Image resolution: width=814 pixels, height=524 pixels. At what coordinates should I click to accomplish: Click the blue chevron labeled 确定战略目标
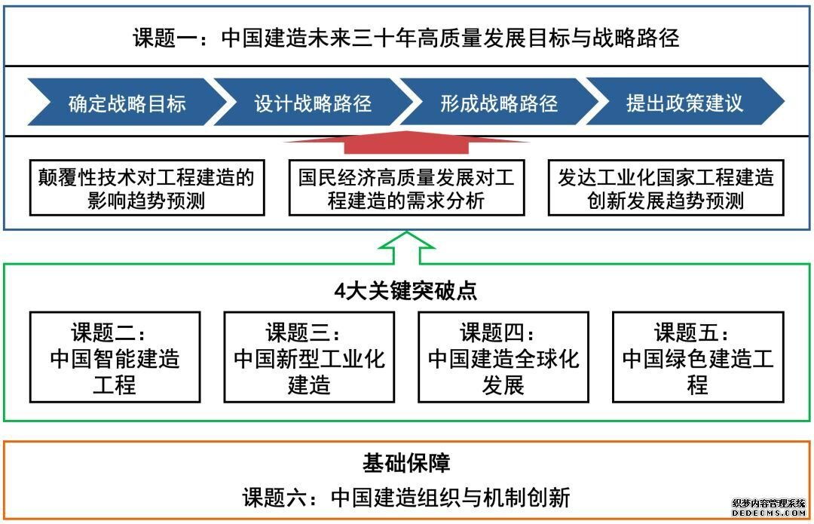tap(127, 102)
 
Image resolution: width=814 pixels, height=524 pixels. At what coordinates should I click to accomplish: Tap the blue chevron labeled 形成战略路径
tap(499, 102)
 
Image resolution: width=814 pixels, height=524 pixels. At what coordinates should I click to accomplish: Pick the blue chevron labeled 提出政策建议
tap(684, 102)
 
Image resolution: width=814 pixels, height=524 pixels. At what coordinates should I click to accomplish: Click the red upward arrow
tap(406, 142)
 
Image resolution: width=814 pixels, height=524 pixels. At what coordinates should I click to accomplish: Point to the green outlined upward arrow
tap(406, 248)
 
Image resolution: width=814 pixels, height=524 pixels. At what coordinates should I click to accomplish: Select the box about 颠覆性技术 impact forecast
tap(147, 188)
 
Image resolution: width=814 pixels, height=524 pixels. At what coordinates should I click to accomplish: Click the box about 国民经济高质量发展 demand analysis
tap(406, 188)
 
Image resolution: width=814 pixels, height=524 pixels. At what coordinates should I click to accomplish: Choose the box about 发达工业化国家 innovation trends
tap(666, 188)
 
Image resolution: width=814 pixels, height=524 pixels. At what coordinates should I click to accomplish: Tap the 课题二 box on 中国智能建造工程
tap(115, 357)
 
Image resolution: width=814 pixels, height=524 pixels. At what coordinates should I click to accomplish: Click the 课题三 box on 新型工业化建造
tap(309, 357)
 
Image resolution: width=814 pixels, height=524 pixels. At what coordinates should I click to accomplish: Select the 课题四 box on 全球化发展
tap(503, 357)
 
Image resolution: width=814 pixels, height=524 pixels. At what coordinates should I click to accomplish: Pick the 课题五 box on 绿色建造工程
tap(698, 357)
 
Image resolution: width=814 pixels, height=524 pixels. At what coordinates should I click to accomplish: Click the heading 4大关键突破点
tap(406, 290)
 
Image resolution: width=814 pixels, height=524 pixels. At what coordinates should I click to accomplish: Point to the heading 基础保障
tap(406, 463)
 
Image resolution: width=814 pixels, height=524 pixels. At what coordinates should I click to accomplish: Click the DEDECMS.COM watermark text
tap(769, 513)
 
